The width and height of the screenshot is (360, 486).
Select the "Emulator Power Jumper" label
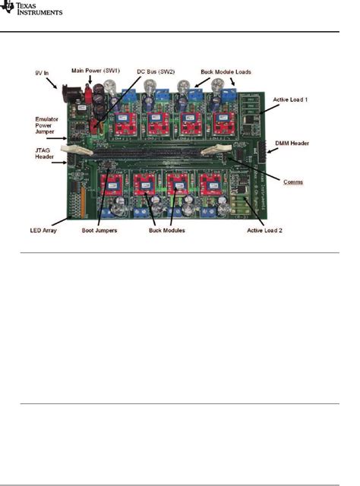coord(49,125)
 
